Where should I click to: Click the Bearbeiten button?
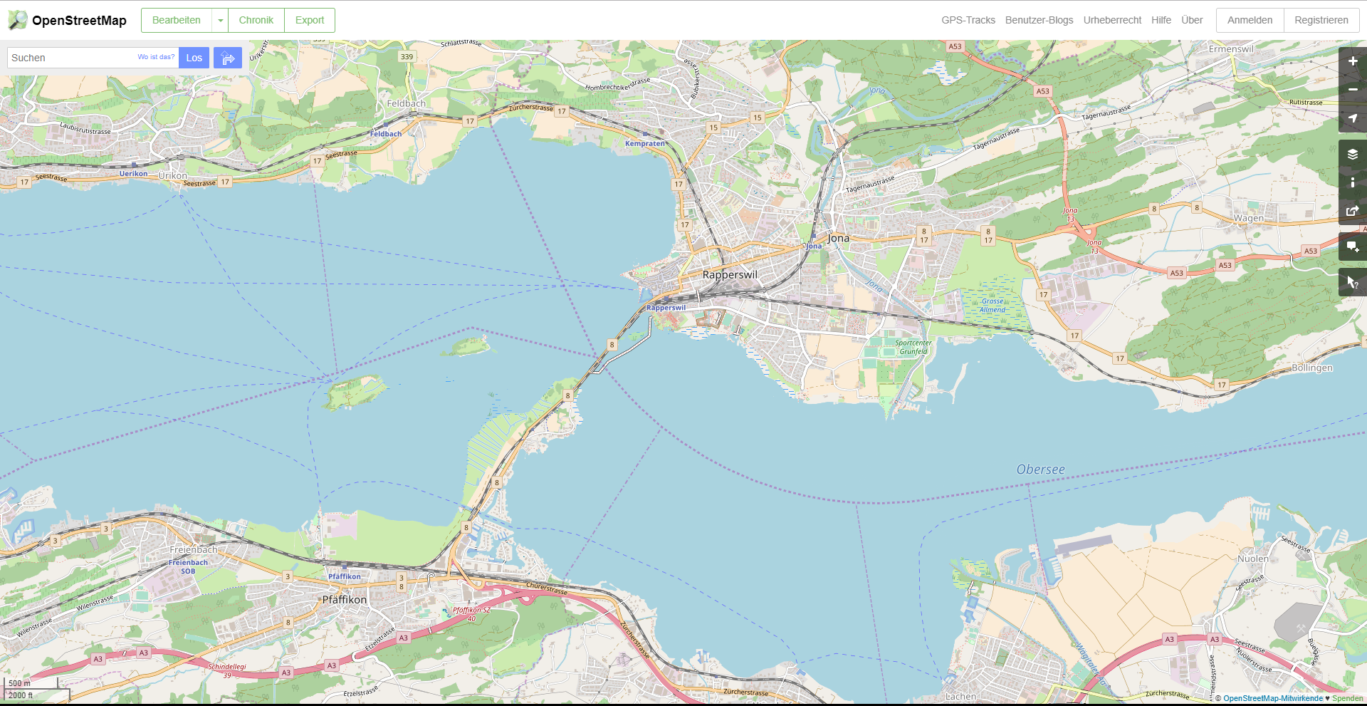point(177,20)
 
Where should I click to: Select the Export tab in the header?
point(309,20)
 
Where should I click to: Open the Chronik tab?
point(256,20)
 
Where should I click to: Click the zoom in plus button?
point(1352,61)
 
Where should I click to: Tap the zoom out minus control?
point(1352,90)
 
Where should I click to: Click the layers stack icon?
point(1352,154)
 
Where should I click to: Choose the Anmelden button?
point(1250,20)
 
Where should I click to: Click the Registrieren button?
point(1321,20)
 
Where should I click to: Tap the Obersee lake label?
point(1040,469)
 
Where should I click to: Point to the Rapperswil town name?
point(730,275)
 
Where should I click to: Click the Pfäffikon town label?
point(345,600)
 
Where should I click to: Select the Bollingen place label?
point(1311,368)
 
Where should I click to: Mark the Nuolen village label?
point(1252,559)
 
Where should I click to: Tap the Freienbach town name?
point(194,550)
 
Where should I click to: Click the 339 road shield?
point(407,57)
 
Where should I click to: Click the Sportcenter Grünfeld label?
point(913,347)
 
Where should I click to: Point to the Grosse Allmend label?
point(992,306)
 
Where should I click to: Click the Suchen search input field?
point(71,58)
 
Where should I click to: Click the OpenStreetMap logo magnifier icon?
point(18,20)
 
